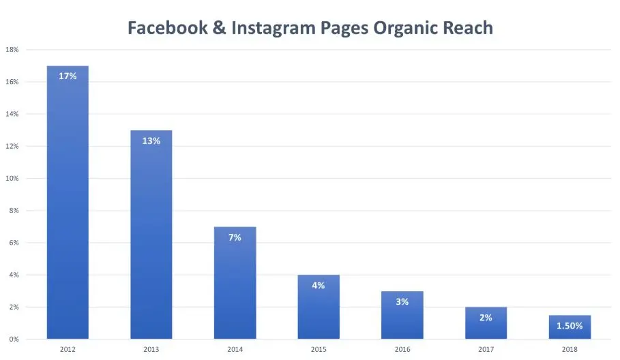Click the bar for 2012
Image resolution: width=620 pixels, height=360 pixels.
[x=68, y=205]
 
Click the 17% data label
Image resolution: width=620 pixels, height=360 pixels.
[x=68, y=76]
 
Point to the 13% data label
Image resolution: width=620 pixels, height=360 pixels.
[x=151, y=141]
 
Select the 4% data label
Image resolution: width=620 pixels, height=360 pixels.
[x=319, y=286]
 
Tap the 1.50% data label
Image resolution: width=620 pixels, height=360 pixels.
[x=570, y=326]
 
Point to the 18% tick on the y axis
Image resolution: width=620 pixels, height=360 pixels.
[x=12, y=50]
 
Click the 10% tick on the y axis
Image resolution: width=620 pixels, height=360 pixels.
[x=12, y=179]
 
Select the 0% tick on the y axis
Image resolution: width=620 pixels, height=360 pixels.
[x=13, y=340]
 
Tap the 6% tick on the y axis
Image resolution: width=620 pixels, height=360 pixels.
[x=13, y=243]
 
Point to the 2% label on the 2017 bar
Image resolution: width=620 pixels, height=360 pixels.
[x=486, y=318]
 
